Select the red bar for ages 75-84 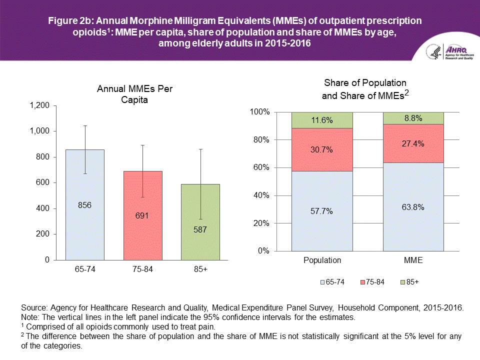tap(143, 235)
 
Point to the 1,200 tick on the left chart tap(40, 105)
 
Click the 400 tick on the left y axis tap(44, 208)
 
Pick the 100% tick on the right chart tap(260, 112)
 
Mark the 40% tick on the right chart tap(262, 195)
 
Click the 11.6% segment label tap(322, 120)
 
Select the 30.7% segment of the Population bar tap(322, 150)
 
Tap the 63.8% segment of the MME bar tap(413, 207)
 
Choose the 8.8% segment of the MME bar tap(413, 118)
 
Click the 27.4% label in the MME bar tap(413, 143)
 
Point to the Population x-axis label tap(322, 260)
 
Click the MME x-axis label tap(413, 260)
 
